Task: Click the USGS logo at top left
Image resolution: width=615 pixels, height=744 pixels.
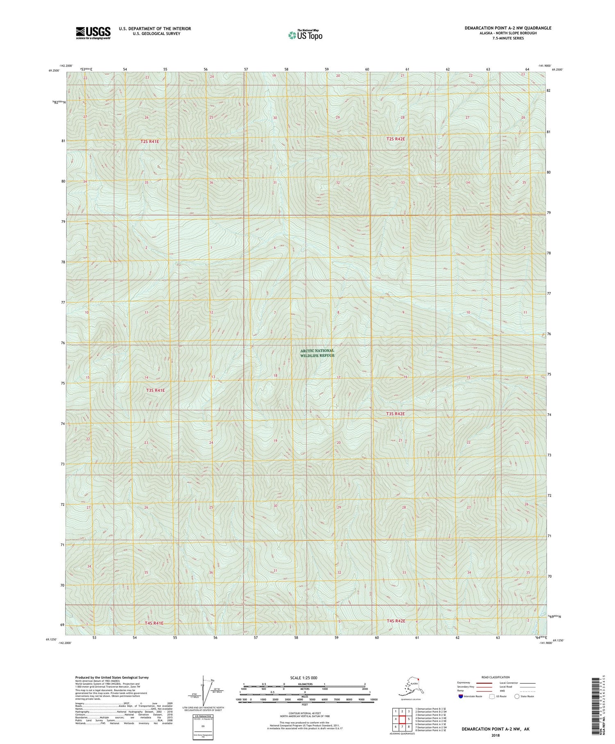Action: click(x=93, y=33)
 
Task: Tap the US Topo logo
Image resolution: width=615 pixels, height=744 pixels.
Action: click(x=305, y=35)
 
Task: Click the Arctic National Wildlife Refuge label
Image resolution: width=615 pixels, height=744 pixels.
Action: click(x=317, y=353)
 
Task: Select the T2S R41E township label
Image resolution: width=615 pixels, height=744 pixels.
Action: click(x=150, y=141)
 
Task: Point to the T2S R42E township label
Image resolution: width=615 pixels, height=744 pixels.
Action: click(x=395, y=139)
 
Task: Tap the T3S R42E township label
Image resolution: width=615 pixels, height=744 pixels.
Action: click(x=395, y=414)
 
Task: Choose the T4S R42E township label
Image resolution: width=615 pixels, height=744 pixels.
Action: click(x=396, y=621)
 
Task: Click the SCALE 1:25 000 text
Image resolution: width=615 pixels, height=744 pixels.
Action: click(x=304, y=678)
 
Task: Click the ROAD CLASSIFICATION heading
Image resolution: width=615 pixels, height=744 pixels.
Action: click(x=496, y=677)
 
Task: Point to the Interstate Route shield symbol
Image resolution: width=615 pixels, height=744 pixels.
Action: click(x=460, y=696)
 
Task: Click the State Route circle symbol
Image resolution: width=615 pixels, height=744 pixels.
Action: click(x=517, y=696)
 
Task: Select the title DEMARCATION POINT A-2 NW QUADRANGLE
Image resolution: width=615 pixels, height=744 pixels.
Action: click(x=508, y=28)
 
